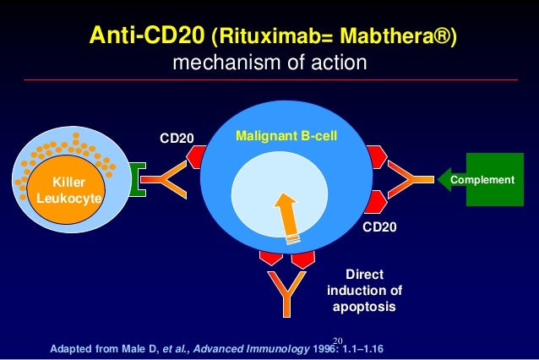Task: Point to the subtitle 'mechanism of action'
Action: [269, 63]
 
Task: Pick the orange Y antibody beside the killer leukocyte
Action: [173, 179]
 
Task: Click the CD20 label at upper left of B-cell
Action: [177, 137]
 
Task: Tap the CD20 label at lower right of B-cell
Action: [379, 227]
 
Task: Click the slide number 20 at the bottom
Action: [339, 337]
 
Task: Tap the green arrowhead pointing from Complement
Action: [444, 179]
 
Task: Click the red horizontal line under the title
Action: [269, 80]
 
